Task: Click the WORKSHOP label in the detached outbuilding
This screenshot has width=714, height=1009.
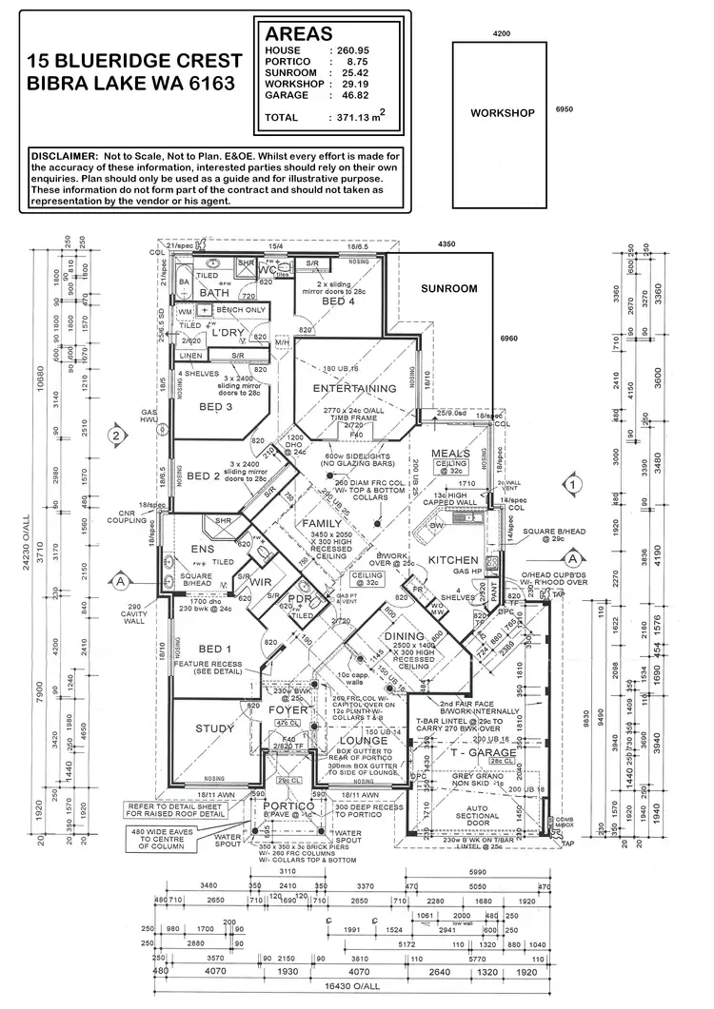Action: click(x=502, y=112)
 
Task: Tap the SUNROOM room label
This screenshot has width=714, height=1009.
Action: click(x=450, y=287)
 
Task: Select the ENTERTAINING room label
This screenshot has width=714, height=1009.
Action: click(x=355, y=388)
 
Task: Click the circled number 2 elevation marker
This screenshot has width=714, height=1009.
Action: click(x=116, y=436)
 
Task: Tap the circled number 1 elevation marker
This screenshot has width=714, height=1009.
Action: click(x=571, y=484)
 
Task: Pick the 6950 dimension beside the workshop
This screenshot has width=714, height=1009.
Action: click(x=564, y=109)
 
